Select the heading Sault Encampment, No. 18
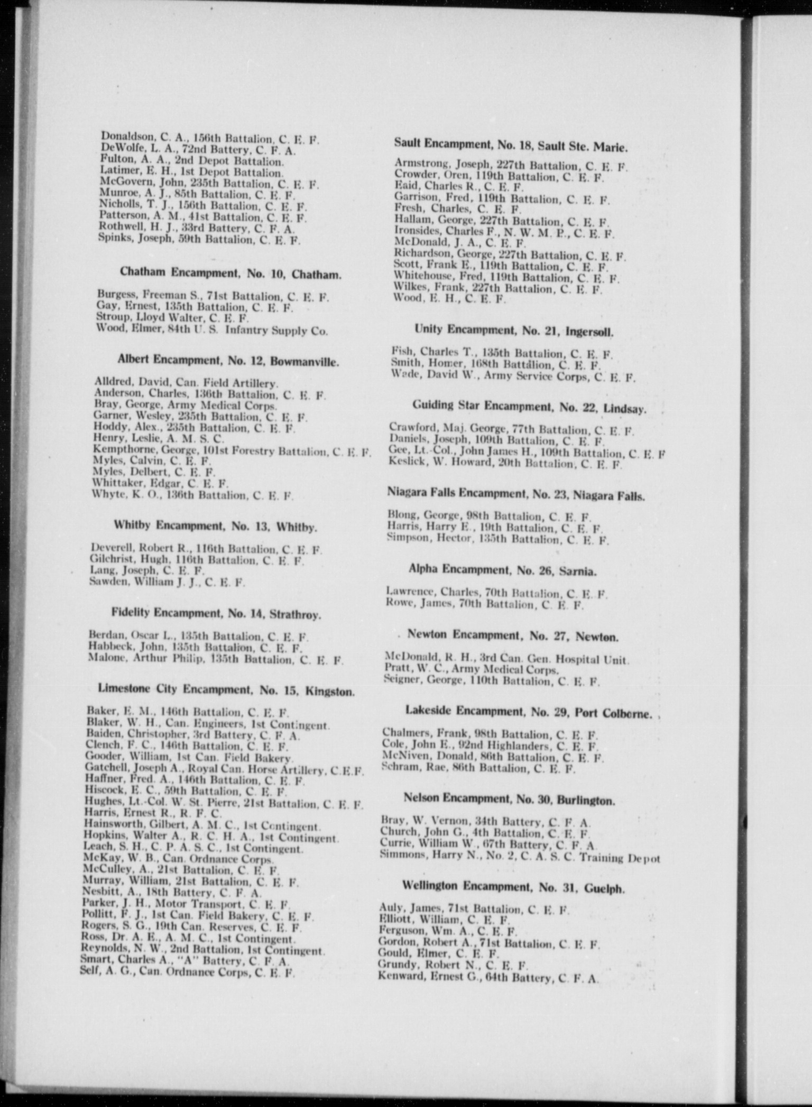pyautogui.click(x=511, y=144)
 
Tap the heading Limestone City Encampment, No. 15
pyautogui.click(x=226, y=689)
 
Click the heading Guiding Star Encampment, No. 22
pyautogui.click(x=529, y=407)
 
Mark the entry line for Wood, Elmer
pyautogui.click(x=211, y=330)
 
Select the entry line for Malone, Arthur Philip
pyautogui.click(x=215, y=659)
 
